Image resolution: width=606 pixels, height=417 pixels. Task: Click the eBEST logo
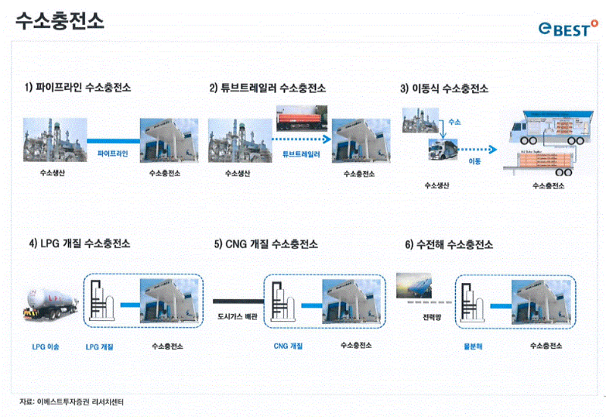(567, 29)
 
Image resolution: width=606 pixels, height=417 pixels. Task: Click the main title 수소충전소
(60, 20)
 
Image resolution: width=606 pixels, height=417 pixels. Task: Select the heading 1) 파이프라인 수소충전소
(77, 88)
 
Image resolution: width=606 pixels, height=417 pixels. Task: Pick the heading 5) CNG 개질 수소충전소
(266, 244)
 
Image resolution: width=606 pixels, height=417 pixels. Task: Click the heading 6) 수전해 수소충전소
(449, 244)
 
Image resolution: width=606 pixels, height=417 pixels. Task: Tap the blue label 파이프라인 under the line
(114, 153)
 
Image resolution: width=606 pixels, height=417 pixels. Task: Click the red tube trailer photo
(301, 119)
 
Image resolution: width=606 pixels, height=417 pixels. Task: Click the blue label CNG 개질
(288, 346)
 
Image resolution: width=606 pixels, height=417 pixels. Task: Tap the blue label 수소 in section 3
(454, 121)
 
